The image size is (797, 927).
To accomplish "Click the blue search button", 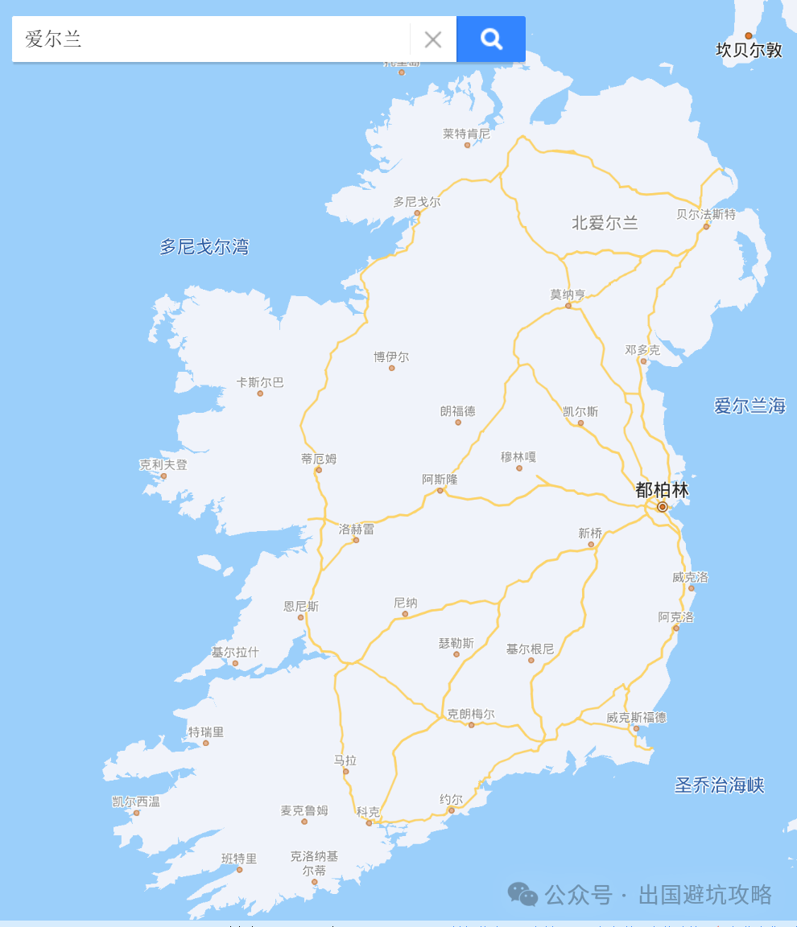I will coord(490,39).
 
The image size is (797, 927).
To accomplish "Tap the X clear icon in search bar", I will coord(433,39).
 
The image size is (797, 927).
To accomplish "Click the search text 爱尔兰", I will coord(54,39).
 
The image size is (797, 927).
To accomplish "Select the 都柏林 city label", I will coord(662,489).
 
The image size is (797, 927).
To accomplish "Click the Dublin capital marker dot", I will coord(663,507).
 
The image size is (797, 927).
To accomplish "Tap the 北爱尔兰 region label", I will coord(605,223).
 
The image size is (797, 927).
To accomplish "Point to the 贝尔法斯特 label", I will coord(706,214).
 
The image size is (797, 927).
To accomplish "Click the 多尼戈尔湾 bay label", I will coord(204,247).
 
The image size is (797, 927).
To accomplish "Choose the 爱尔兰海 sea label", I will coord(750,406).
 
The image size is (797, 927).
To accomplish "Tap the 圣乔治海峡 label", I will coord(719,785).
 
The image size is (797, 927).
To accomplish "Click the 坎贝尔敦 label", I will coord(749,50).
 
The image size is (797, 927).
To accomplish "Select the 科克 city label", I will coord(368,812).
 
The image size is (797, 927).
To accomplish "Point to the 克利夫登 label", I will coord(163,464).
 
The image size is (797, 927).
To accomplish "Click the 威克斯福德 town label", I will coord(636,717).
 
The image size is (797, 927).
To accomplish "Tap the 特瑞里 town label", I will coord(206,732).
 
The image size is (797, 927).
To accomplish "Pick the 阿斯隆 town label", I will coord(440,480).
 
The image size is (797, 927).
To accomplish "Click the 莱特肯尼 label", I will coord(466,134).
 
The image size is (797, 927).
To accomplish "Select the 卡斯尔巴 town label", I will coord(260,382).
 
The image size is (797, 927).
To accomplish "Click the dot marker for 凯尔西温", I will coord(136,813).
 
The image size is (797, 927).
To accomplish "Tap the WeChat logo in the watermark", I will coord(522,893).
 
